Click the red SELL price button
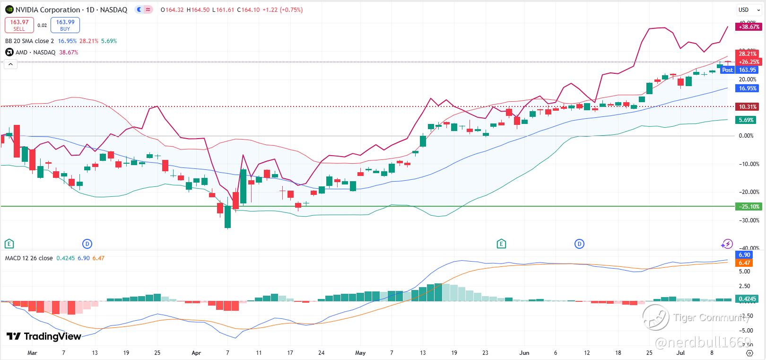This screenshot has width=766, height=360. (19, 25)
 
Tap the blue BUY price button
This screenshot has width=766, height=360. (65, 25)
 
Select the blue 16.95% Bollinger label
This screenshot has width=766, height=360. (748, 88)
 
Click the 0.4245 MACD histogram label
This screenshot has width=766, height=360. (748, 299)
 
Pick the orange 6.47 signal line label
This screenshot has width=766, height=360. (745, 263)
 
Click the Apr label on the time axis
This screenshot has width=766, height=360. (196, 353)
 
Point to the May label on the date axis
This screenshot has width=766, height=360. (360, 353)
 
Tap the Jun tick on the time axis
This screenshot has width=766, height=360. (524, 353)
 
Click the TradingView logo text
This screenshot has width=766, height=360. (44, 336)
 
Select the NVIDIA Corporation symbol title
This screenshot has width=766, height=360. (48, 10)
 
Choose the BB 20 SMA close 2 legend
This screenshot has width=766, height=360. (29, 41)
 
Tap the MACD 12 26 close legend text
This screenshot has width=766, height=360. (29, 258)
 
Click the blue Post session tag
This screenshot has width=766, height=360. (727, 70)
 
